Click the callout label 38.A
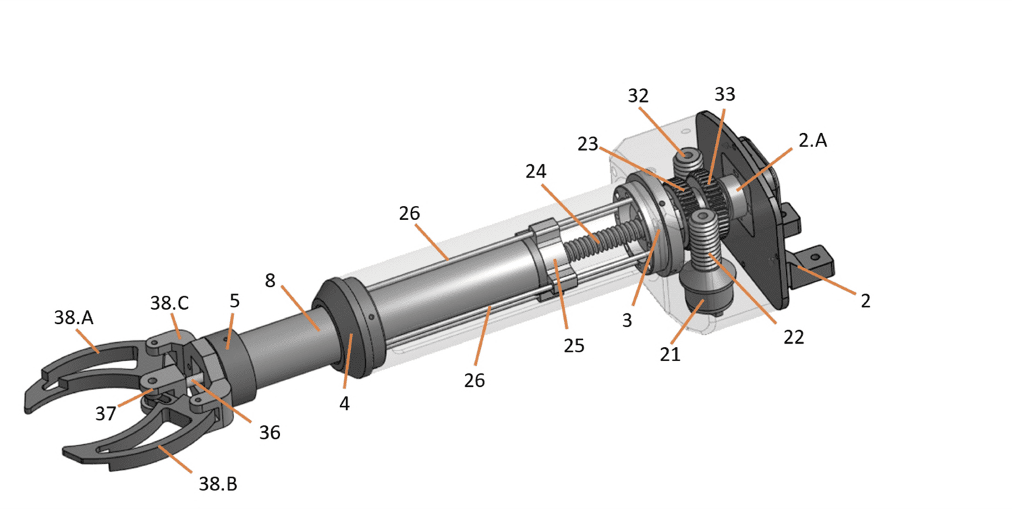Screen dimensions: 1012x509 pyautogui.click(x=74, y=318)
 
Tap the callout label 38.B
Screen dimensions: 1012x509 pyautogui.click(x=218, y=484)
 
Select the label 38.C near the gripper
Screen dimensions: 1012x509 pyautogui.click(x=169, y=303)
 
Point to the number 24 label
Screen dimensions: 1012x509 pyautogui.click(x=536, y=171)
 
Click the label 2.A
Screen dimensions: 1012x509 pyautogui.click(x=813, y=140)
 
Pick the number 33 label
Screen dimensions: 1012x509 pyautogui.click(x=725, y=94)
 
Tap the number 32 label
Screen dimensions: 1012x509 pyautogui.click(x=638, y=96)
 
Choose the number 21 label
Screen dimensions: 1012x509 pyautogui.click(x=670, y=354)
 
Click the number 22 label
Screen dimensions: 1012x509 pyautogui.click(x=794, y=338)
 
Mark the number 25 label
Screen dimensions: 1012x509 pyautogui.click(x=573, y=346)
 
